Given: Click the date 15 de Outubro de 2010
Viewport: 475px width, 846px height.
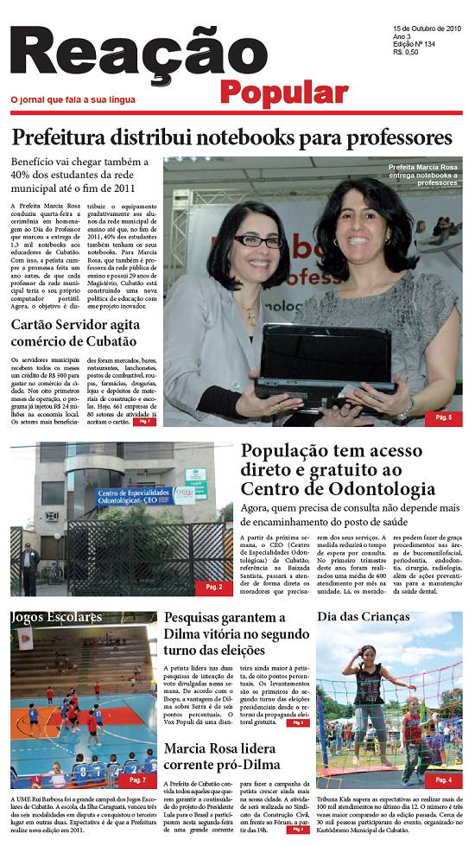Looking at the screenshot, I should (424, 29).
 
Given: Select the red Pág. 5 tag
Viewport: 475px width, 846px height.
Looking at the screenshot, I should (443, 418).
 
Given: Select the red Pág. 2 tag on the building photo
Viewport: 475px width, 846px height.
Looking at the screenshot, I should (213, 587).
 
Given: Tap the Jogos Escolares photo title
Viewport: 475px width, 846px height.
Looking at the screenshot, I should (56, 617).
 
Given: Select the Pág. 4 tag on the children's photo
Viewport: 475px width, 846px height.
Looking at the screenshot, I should (443, 779).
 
